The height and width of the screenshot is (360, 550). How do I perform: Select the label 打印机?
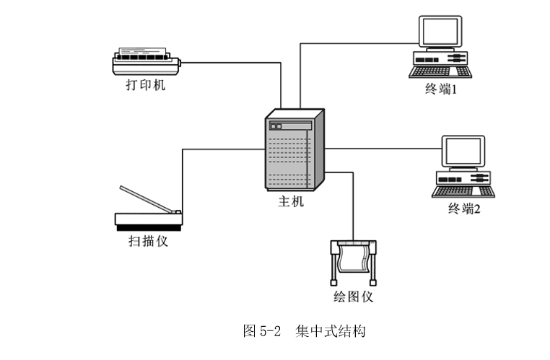click(x=145, y=85)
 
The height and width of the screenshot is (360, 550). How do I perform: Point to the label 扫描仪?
click(x=148, y=241)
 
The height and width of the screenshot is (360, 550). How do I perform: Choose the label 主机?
click(x=291, y=202)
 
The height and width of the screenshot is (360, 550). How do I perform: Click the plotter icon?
click(x=353, y=260)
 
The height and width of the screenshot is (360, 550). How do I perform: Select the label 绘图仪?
click(x=353, y=297)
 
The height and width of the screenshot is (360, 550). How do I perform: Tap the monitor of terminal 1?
click(x=440, y=32)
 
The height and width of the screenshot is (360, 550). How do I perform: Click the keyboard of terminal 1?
click(x=440, y=71)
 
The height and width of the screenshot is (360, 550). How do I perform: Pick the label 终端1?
click(x=442, y=91)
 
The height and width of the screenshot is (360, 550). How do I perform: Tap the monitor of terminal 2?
click(x=463, y=151)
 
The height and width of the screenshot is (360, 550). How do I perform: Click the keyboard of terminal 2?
click(x=463, y=191)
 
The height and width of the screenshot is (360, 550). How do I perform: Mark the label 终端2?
click(x=464, y=209)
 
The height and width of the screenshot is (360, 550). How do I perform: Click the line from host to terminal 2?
click(x=383, y=148)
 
